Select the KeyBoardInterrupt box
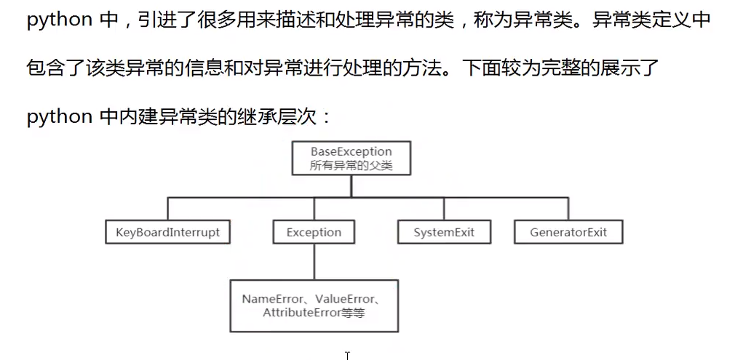pos(167,233)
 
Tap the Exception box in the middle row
pos(314,233)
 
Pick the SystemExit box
pos(444,233)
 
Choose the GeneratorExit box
pos(568,233)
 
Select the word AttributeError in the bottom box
pos(301,313)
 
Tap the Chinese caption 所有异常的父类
pos(351,166)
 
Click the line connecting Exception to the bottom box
pos(314,261)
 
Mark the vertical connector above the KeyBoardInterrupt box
pos(167,209)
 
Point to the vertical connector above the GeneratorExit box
pos(568,209)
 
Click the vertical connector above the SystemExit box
pos(444,209)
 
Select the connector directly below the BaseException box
pos(351,186)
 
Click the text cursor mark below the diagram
pos(347,355)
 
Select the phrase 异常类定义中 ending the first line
pos(651,20)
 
